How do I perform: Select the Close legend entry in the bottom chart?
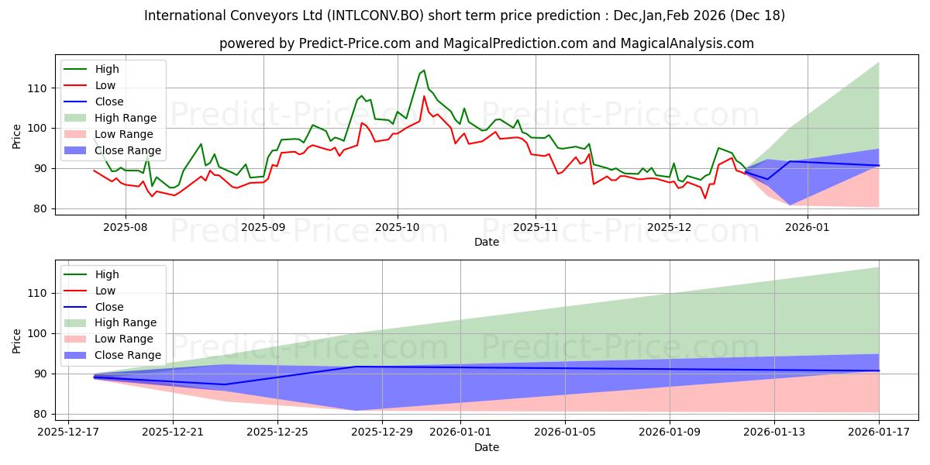point(109,307)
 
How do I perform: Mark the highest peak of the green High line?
point(423,71)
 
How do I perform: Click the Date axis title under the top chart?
point(486,243)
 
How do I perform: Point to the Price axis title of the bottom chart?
point(17,341)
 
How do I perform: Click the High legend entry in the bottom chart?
point(107,274)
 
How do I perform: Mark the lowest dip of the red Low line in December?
point(705,198)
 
